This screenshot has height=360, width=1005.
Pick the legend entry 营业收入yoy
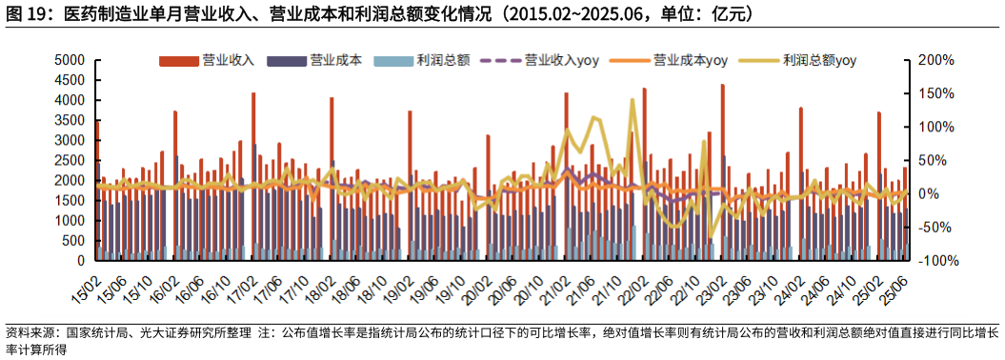563,60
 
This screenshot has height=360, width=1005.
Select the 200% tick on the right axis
935,60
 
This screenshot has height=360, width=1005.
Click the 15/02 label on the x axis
87,284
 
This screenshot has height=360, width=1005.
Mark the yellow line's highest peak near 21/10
632,99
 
